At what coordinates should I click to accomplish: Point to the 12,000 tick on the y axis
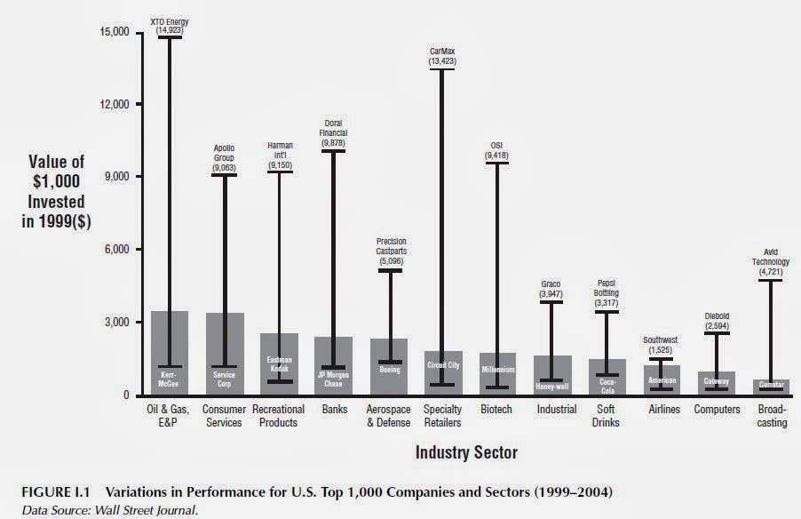coord(113,104)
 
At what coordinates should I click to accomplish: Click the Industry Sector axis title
coord(466,452)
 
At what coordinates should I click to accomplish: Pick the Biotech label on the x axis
coord(496,410)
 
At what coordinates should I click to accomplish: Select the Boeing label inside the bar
coord(389,370)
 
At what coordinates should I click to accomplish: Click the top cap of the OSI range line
coord(497,164)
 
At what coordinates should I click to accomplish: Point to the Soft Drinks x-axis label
coord(607,416)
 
